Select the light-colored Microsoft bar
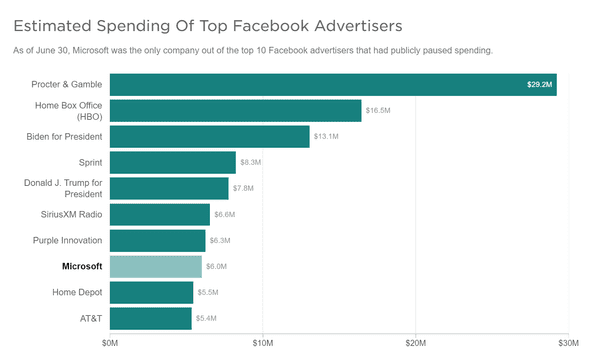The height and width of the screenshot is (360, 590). pos(155,266)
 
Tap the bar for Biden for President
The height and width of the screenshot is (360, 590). pos(209,136)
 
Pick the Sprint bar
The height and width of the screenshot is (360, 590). pos(172,162)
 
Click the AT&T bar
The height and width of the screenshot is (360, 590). pos(150,318)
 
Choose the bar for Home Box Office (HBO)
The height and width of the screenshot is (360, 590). pos(235,110)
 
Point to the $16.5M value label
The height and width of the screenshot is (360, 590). pos(379,110)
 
